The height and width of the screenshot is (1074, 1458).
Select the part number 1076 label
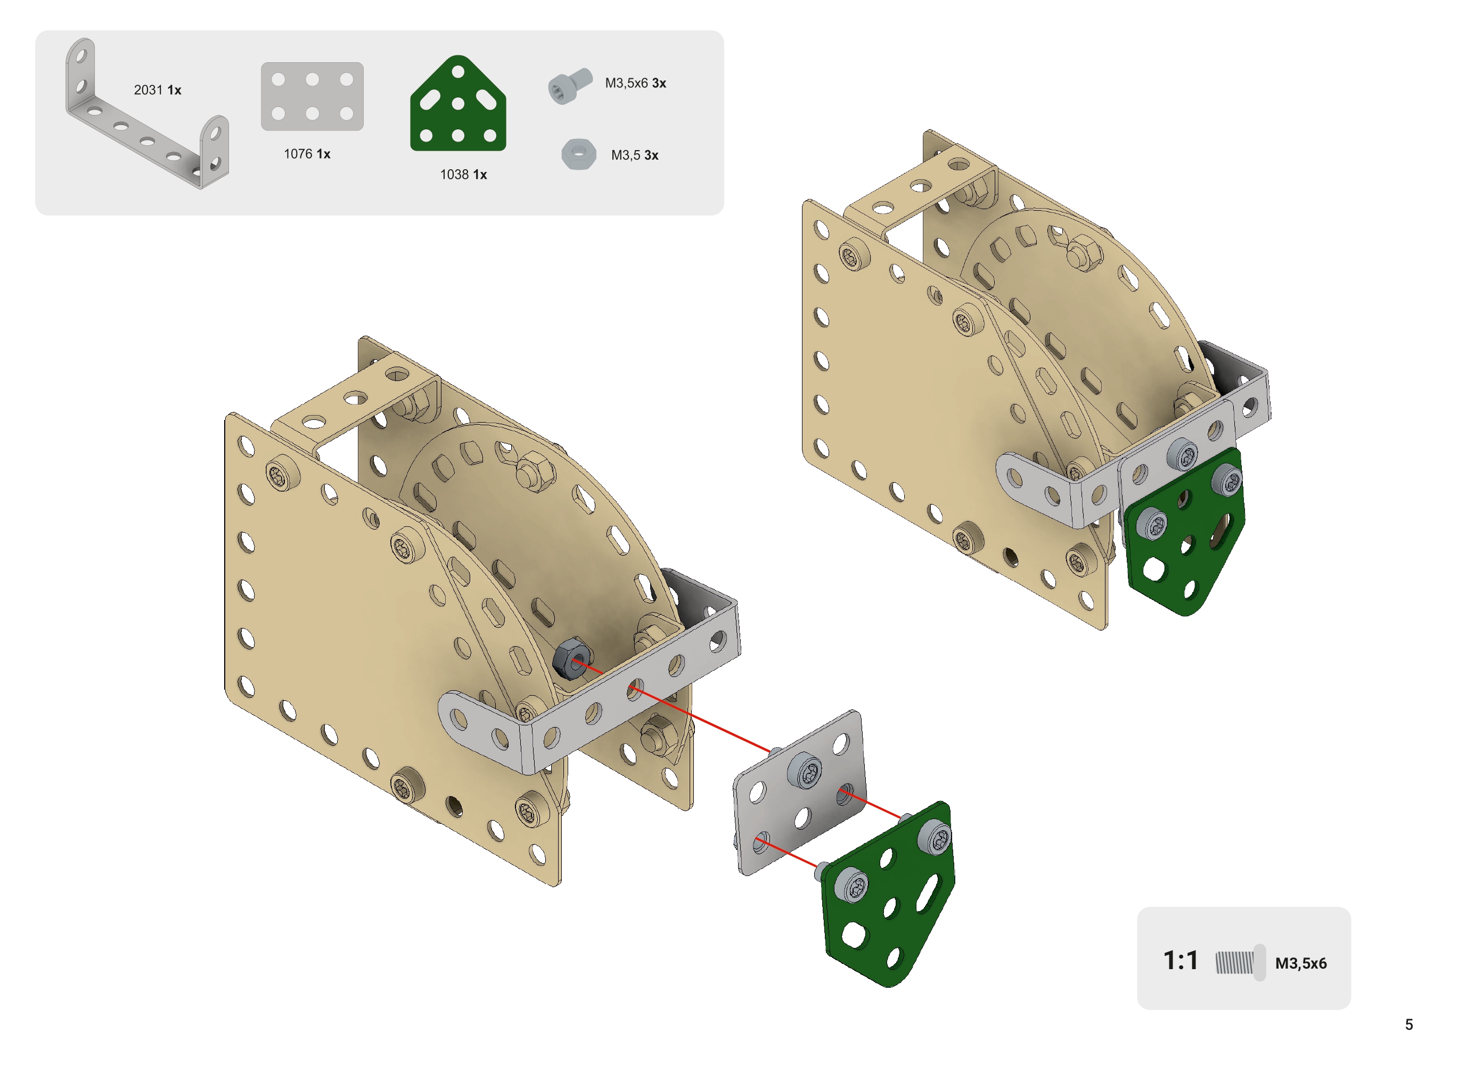[306, 153]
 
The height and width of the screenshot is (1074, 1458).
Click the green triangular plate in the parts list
[457, 104]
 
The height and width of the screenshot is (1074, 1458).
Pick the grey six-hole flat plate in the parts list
[312, 96]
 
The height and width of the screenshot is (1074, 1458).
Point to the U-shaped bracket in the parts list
[146, 117]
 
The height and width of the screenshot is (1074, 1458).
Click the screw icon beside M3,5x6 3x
[569, 86]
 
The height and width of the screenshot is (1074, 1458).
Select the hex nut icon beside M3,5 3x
[578, 154]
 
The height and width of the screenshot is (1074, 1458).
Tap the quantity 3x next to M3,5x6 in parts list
[658, 83]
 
